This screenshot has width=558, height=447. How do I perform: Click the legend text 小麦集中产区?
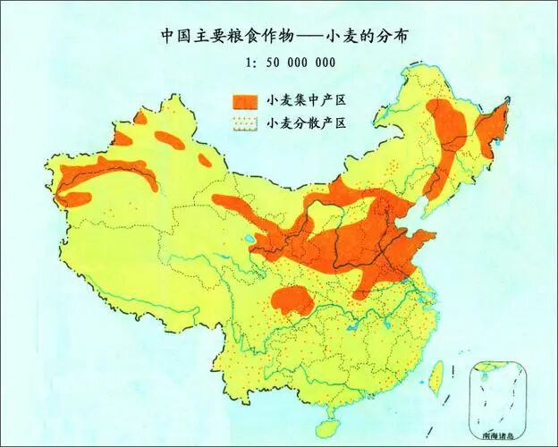[x=305, y=98]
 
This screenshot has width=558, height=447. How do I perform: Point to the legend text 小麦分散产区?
[x=305, y=123]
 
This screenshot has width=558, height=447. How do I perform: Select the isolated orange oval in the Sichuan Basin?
[x=292, y=299]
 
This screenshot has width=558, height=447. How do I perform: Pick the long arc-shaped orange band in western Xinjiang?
[x=103, y=174]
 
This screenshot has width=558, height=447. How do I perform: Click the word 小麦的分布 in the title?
[x=364, y=37]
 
